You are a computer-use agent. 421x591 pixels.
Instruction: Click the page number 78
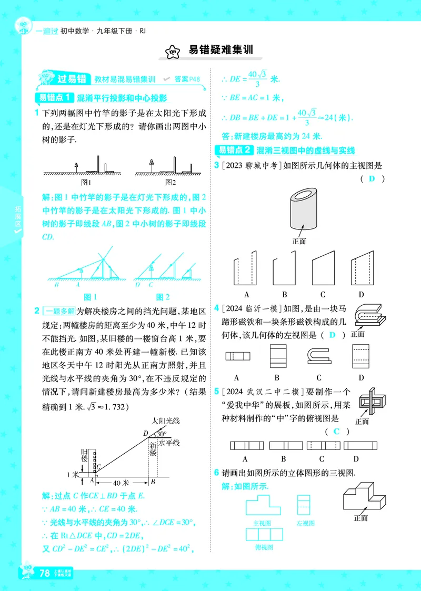coord(44,573)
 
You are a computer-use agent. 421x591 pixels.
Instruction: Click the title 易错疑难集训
coord(220,50)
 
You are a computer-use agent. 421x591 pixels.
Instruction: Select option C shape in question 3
coord(323,271)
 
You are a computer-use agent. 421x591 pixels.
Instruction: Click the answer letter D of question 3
coord(372,179)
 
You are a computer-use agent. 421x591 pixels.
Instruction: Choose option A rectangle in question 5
coord(246,445)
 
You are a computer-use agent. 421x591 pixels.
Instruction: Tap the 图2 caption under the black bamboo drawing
coord(170,183)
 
